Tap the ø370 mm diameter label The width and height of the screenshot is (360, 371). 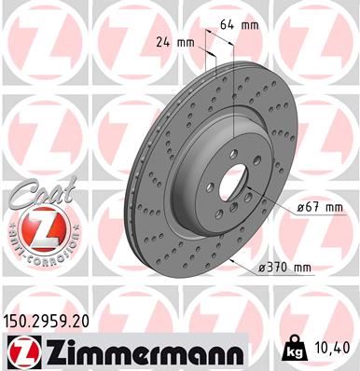pyautogui.click(x=284, y=268)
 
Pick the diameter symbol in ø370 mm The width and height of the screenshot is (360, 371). pyautogui.click(x=261, y=268)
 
